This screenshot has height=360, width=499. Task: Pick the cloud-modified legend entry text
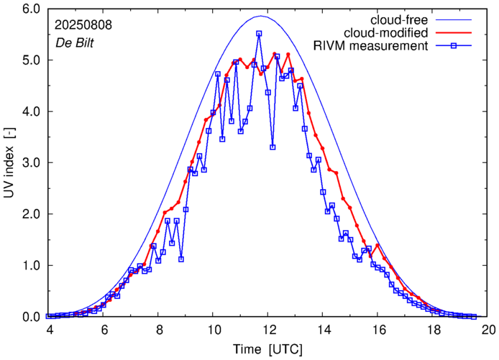(387, 32)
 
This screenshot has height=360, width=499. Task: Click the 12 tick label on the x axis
(269, 330)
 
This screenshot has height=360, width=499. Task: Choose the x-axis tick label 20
(488, 330)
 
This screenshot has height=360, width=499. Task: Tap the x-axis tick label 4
(49, 330)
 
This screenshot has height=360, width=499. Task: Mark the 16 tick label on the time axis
(378, 330)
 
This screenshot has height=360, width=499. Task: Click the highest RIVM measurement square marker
(259, 34)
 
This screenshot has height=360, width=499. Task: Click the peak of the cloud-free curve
(261, 16)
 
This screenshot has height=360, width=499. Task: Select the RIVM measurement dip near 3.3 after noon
(273, 147)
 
